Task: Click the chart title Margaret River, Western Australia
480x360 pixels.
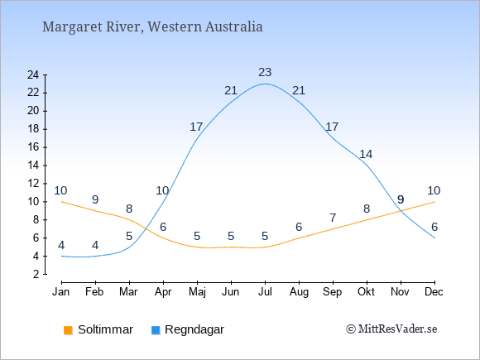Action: tap(152, 26)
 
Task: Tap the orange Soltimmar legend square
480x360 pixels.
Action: tap(68, 330)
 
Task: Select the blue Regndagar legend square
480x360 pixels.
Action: tap(156, 330)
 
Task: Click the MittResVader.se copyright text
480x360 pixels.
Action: tap(391, 329)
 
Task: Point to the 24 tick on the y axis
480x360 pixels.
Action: tap(33, 74)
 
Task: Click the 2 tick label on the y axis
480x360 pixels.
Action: tap(36, 274)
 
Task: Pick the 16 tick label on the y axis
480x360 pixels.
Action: tap(33, 147)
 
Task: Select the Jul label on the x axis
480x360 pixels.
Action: tap(265, 292)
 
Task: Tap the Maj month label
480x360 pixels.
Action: tap(197, 292)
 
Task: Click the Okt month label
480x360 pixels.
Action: tap(366, 292)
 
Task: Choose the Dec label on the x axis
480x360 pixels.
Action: tap(434, 292)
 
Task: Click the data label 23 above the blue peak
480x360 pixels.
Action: tap(265, 73)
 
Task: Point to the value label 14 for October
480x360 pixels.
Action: tap(366, 154)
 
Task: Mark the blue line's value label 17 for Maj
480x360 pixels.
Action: tap(196, 127)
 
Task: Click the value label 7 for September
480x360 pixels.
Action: tap(333, 218)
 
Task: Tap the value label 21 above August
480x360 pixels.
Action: tap(299, 90)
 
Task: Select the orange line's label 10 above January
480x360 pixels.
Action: tap(60, 190)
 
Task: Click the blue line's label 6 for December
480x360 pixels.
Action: tap(434, 227)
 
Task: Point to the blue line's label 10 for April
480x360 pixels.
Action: tap(162, 190)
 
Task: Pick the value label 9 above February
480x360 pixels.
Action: tap(95, 200)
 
